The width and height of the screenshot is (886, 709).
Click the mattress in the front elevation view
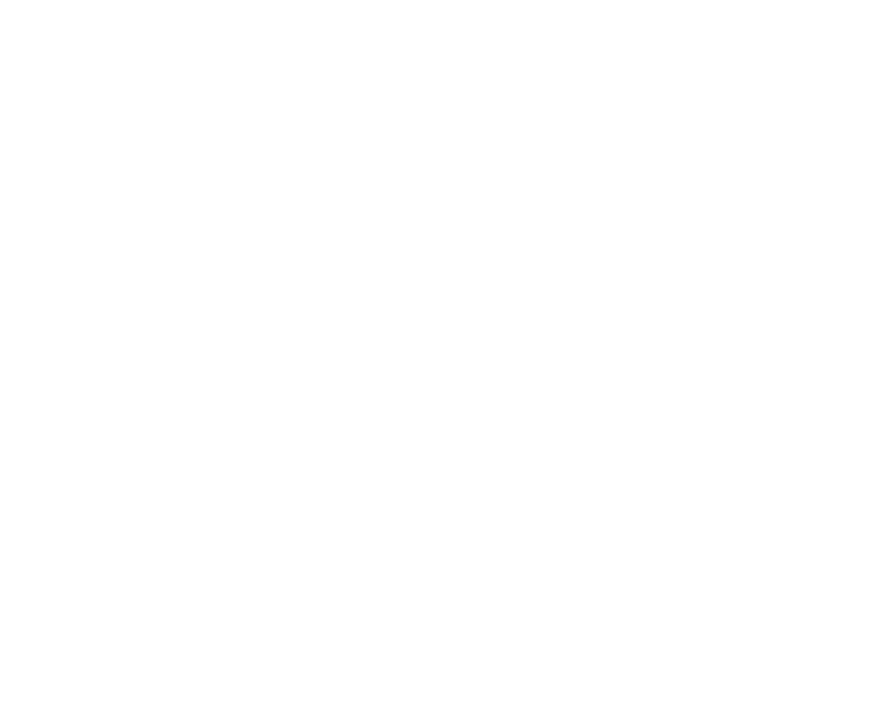pos(263,186)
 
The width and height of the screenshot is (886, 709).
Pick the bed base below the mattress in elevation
pos(263,223)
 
